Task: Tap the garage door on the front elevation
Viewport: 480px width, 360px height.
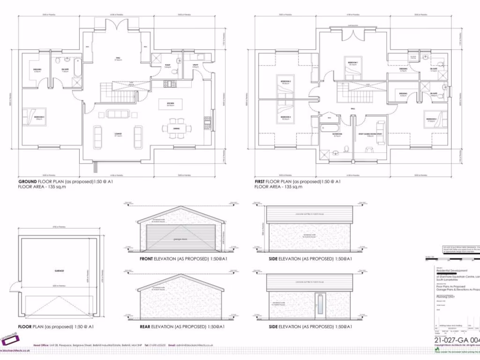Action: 181,238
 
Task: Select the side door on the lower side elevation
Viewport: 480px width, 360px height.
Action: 320,303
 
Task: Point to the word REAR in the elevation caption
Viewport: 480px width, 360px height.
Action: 147,326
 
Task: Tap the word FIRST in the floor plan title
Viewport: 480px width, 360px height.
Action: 260,181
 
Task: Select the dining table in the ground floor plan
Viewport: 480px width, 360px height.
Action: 176,128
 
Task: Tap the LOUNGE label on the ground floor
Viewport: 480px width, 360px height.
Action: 118,134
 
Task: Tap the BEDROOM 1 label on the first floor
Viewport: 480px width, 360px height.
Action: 352,62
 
